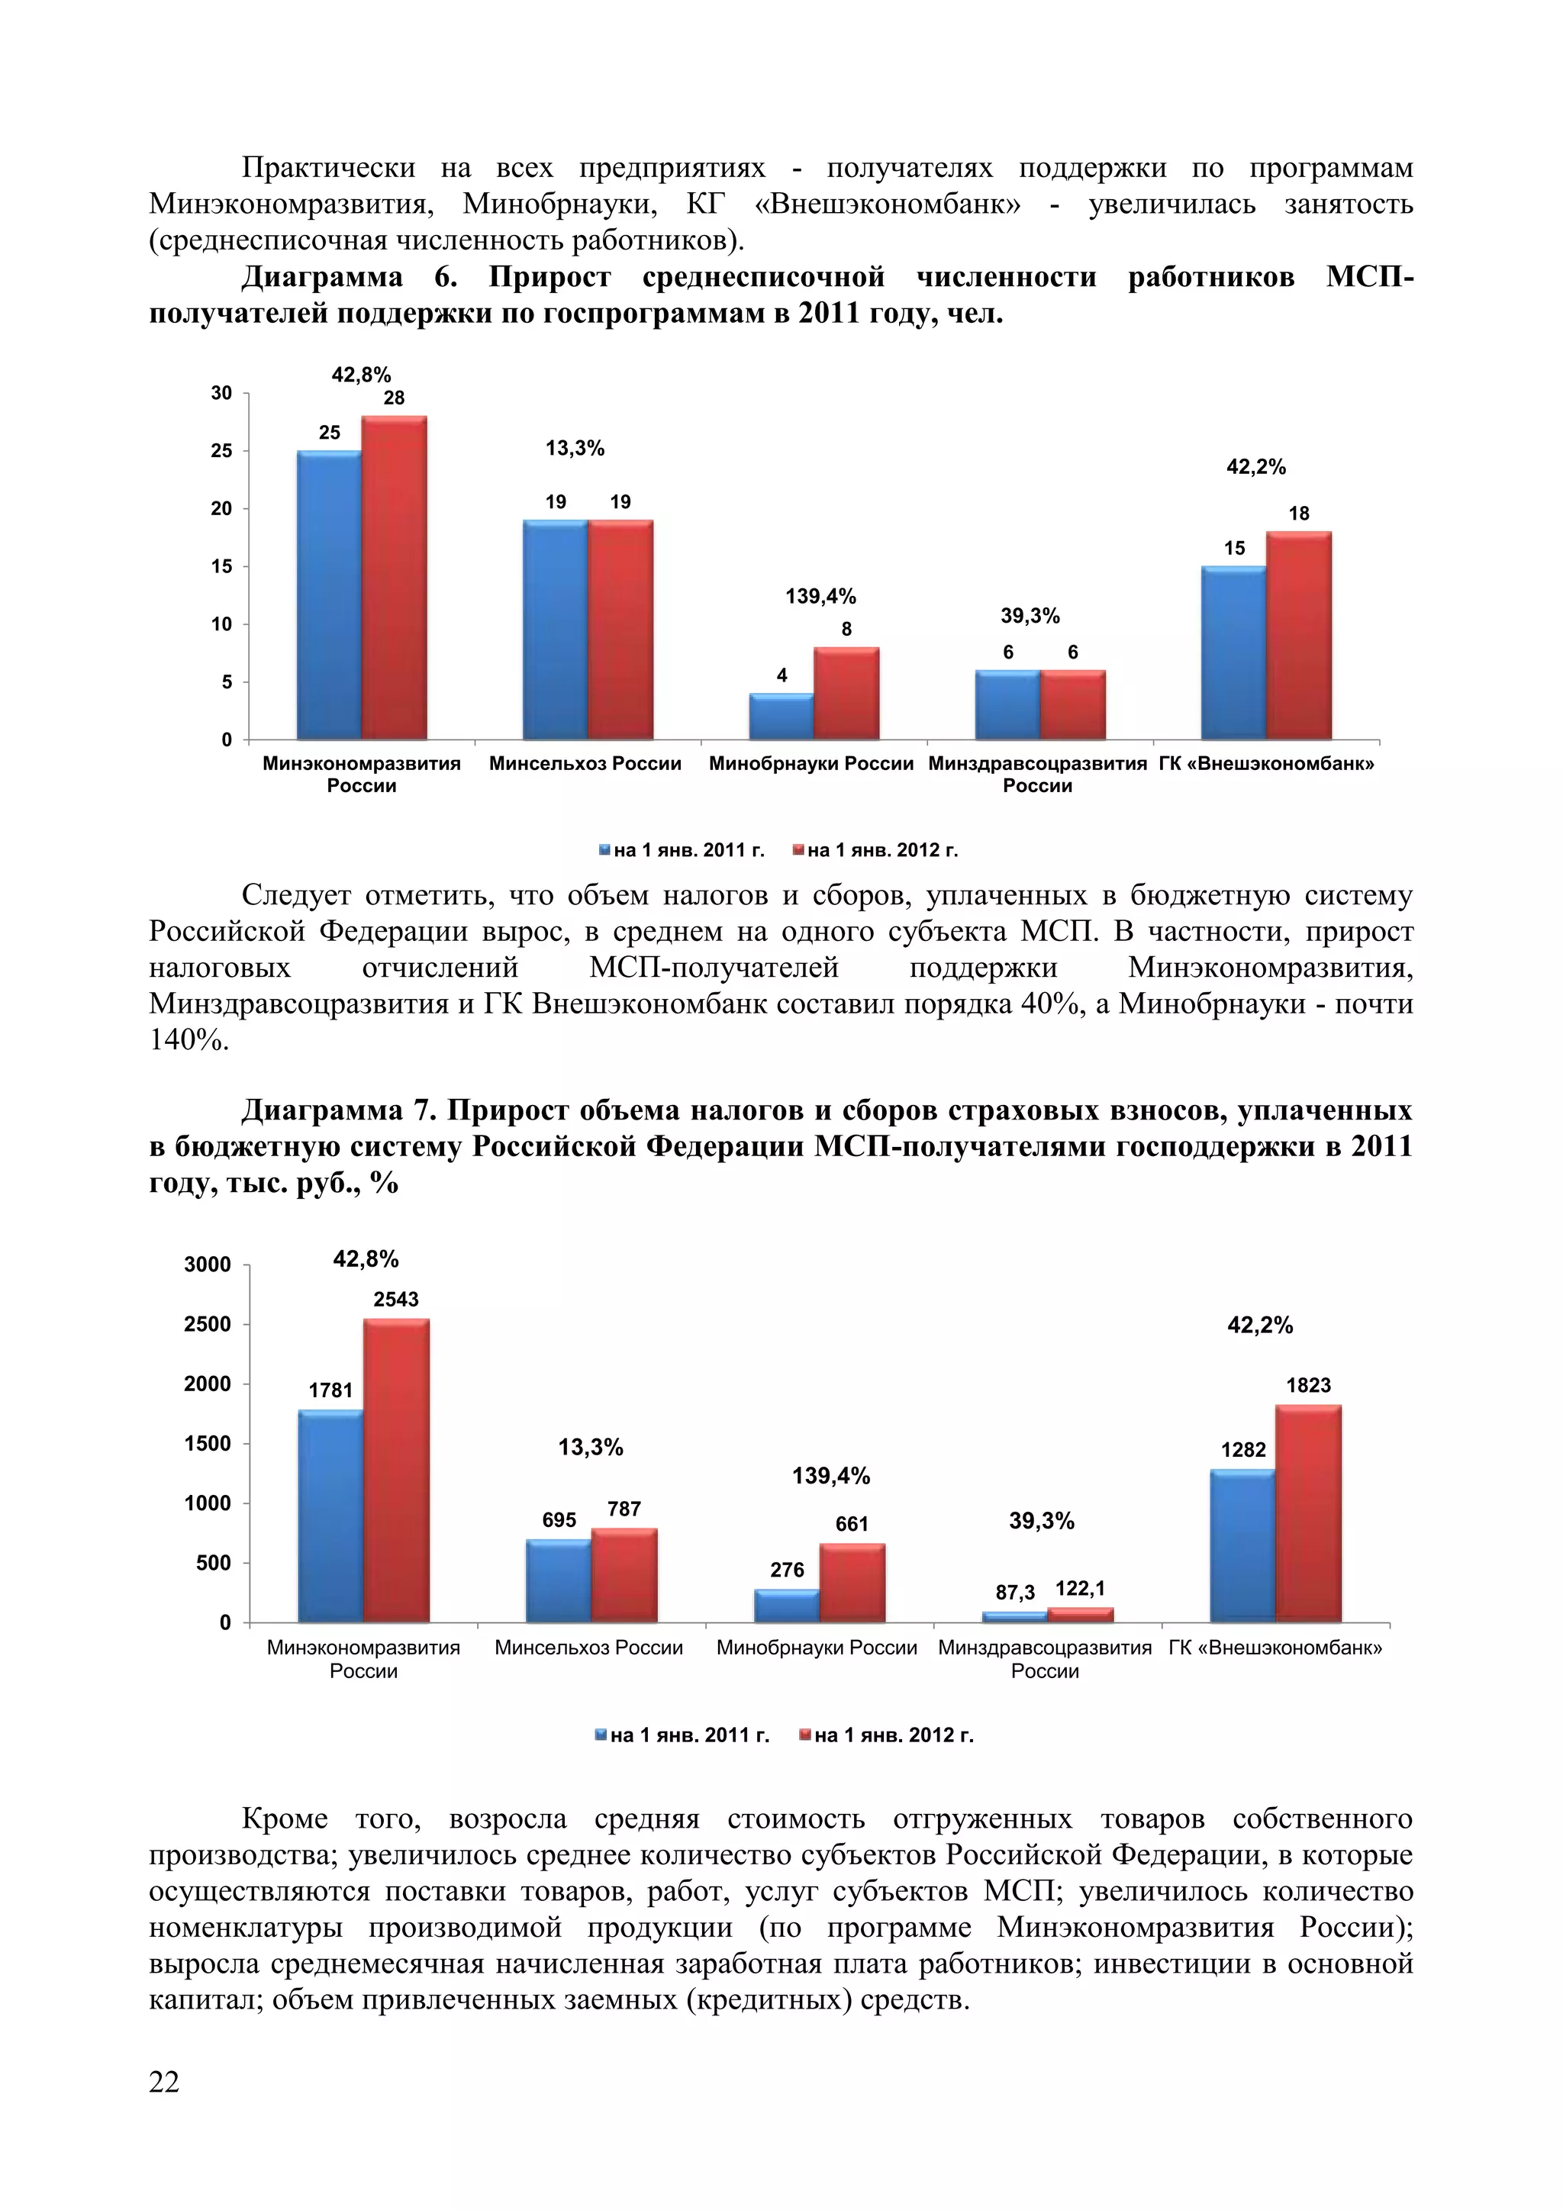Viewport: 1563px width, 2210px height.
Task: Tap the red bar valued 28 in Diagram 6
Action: click(395, 578)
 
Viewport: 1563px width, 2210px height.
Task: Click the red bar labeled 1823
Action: click(1308, 1513)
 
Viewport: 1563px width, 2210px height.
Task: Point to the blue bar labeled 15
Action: click(1234, 652)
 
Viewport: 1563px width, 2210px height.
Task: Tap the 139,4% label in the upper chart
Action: click(821, 597)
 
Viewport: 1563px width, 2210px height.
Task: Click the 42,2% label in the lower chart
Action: click(1260, 1326)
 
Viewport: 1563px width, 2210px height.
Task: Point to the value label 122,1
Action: click(1080, 1588)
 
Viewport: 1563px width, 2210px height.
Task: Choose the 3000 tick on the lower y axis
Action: click(208, 1264)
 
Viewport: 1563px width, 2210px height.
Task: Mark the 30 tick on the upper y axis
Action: click(221, 393)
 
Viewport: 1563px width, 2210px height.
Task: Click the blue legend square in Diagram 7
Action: click(601, 1735)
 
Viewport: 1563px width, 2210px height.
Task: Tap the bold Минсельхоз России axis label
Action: click(585, 764)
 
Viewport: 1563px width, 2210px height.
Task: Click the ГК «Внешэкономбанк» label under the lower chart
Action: click(1275, 1648)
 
